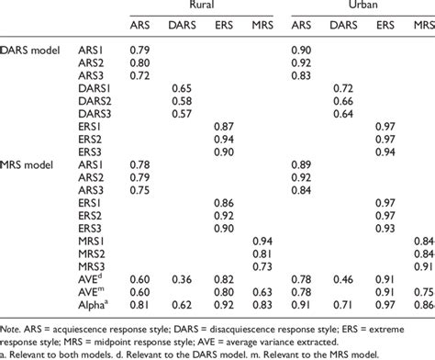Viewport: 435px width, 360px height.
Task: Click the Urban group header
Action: pos(354,7)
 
